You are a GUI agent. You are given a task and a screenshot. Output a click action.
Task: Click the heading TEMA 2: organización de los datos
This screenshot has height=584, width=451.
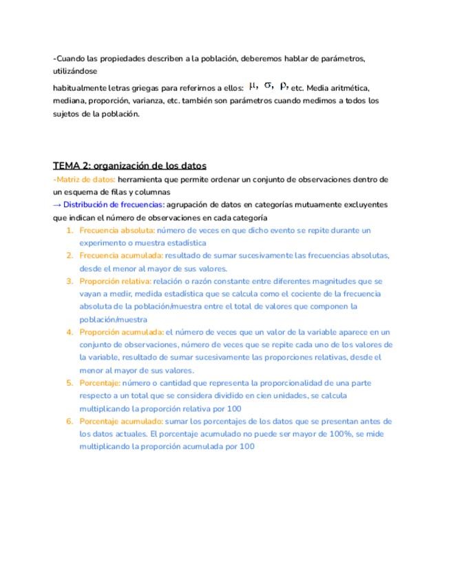(129, 166)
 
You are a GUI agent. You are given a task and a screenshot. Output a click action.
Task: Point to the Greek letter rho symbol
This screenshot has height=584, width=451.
(284, 86)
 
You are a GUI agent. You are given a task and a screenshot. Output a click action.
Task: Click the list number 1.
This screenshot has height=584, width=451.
(70, 230)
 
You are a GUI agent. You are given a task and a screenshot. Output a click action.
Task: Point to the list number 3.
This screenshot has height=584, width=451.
(70, 281)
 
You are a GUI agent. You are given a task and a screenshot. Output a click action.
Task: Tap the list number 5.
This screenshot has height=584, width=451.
(70, 383)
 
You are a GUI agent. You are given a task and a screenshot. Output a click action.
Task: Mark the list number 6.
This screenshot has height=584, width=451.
(70, 421)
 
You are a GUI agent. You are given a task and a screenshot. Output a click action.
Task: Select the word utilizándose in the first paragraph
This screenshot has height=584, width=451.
(75, 71)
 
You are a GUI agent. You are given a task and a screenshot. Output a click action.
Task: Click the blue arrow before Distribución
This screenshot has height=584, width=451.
(57, 205)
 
